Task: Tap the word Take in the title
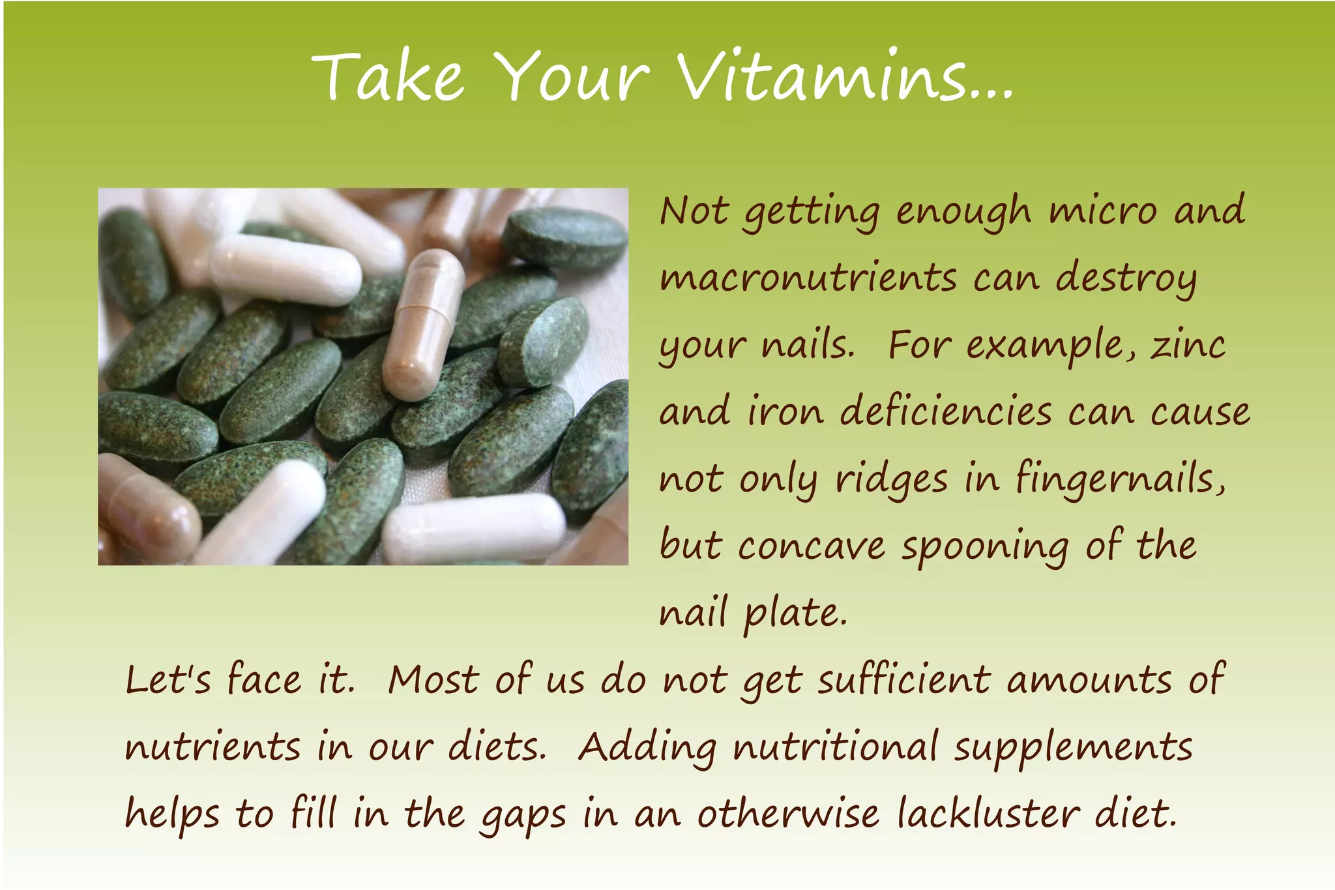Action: [x=389, y=77]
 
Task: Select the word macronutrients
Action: [x=808, y=278]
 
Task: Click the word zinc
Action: [x=1188, y=345]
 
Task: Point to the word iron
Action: [x=785, y=412]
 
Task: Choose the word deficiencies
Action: [x=946, y=412]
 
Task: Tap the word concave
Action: [x=812, y=546]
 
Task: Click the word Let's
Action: [x=168, y=679]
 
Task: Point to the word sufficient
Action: [x=905, y=679]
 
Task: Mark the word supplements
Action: [x=1074, y=748]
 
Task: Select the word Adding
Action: [x=647, y=748]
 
